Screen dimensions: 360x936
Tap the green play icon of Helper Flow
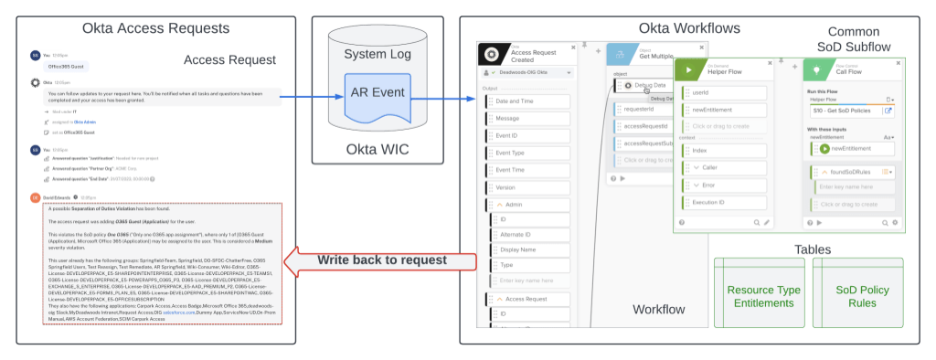(x=689, y=69)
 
